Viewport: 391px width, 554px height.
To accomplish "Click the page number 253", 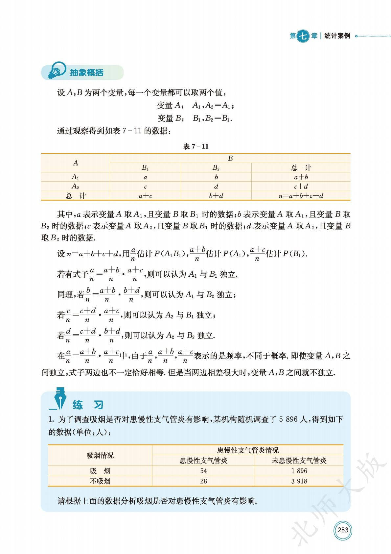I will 343,530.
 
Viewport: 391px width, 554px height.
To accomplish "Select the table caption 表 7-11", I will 195,146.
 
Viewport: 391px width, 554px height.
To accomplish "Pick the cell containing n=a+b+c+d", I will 301,196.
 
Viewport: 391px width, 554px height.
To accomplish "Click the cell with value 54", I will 203,471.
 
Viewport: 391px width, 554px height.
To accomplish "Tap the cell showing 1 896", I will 299,471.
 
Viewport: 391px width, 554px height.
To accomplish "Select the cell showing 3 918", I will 299,481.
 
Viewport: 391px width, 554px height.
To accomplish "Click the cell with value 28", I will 203,481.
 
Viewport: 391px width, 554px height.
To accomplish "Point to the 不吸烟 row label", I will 100,481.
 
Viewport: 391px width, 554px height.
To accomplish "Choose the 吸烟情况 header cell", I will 100,455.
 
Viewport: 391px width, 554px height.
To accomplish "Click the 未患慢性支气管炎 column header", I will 299,461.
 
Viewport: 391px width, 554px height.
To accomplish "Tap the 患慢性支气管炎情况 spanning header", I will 248,450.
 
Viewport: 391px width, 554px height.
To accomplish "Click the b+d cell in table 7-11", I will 216,196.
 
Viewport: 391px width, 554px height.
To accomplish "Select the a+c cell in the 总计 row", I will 145,196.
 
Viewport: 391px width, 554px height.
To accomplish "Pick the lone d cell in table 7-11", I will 216,186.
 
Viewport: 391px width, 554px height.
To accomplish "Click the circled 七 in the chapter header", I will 303,36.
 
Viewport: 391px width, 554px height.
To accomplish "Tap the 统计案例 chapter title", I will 337,36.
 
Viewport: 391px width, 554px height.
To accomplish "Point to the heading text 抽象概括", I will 87,72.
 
